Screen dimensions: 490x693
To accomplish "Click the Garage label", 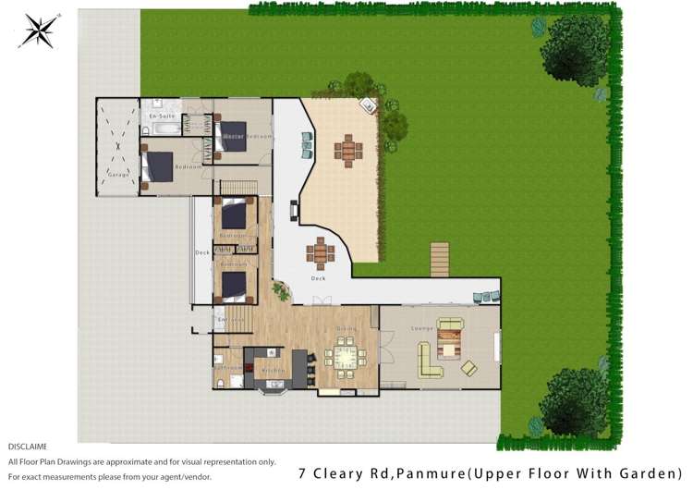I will (x=118, y=174).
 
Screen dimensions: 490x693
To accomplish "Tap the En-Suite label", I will (x=163, y=116).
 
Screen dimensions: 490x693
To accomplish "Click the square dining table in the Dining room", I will (x=346, y=357).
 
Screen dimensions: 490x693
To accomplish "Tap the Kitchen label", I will (x=274, y=370).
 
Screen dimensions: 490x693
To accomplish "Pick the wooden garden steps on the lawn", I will (x=440, y=259).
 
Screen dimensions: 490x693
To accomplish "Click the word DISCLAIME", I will (x=28, y=447).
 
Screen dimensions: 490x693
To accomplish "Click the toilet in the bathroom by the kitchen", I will (x=222, y=381).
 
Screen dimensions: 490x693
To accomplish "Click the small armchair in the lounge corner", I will (x=469, y=368).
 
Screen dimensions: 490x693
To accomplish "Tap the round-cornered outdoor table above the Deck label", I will (x=321, y=251).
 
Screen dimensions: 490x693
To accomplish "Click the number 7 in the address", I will (x=303, y=472).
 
